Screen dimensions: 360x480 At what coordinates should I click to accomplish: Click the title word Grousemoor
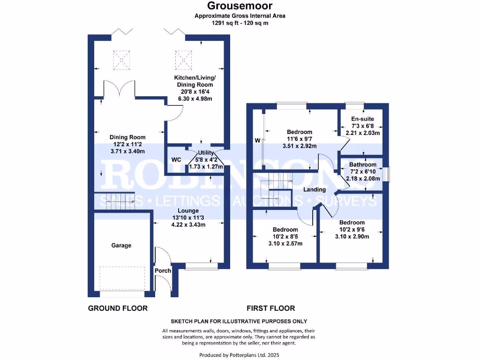tap(240, 6)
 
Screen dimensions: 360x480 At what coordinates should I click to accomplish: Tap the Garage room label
tap(121, 245)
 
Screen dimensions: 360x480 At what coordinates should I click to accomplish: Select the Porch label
tap(163, 270)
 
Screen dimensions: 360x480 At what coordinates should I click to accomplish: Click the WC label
tap(176, 160)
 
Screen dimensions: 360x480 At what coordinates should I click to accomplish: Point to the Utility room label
tap(206, 153)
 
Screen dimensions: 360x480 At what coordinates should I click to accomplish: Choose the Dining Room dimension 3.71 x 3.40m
tap(127, 151)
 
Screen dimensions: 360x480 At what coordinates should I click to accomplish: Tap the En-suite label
tap(362, 120)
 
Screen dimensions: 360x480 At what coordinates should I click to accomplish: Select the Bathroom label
tap(363, 165)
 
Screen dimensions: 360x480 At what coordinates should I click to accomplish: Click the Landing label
tap(315, 189)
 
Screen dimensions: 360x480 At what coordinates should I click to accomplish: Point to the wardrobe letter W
tap(257, 140)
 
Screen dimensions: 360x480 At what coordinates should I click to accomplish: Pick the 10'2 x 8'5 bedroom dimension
tap(285, 237)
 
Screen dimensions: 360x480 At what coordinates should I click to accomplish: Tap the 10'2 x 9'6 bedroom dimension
tap(352, 230)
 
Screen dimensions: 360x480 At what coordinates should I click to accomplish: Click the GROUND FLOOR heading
tap(118, 308)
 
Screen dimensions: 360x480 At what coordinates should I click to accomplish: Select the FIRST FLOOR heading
tap(271, 308)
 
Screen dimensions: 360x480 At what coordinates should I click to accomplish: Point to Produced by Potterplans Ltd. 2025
tap(240, 355)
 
